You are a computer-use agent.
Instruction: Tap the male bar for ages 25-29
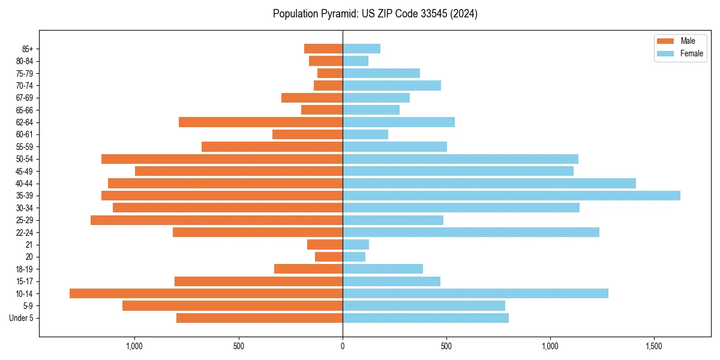[x=217, y=220]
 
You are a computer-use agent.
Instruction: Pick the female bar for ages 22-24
[x=471, y=232]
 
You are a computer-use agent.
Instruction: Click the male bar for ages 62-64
[x=260, y=122]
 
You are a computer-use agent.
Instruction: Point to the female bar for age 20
[x=354, y=257]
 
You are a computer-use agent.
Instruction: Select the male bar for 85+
[x=323, y=49]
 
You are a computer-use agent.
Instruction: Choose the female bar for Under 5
[x=425, y=318]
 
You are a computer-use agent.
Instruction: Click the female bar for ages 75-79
[x=381, y=73]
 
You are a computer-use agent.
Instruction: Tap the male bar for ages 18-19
[x=308, y=269]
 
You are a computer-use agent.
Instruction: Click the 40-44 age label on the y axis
[x=23, y=184]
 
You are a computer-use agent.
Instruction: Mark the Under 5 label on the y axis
[x=21, y=318]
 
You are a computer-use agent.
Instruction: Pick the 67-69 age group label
[x=23, y=98]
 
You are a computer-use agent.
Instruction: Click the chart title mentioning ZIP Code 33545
[x=375, y=14]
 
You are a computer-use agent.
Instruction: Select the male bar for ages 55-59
[x=272, y=147]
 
